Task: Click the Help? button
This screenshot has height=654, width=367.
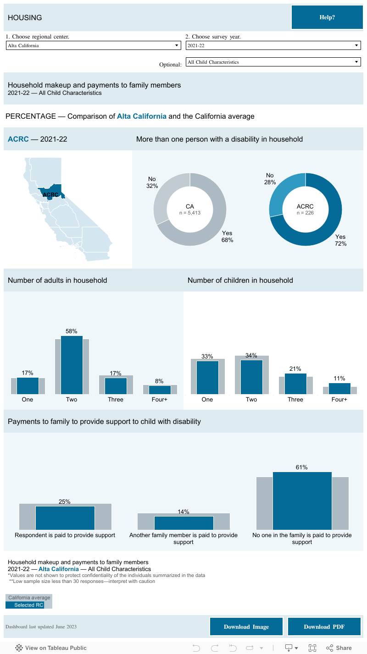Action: click(x=327, y=17)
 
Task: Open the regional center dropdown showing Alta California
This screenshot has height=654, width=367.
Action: click(x=93, y=45)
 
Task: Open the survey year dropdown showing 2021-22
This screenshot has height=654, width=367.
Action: click(x=273, y=45)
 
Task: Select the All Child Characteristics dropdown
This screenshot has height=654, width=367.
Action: click(x=273, y=62)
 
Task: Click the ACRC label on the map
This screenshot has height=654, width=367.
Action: click(x=50, y=194)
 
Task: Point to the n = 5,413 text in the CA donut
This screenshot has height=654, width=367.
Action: click(x=189, y=213)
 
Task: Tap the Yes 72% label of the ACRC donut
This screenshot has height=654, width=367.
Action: click(x=340, y=240)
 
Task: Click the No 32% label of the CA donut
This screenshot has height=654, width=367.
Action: click(x=152, y=182)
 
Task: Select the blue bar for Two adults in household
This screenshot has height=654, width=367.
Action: click(x=72, y=365)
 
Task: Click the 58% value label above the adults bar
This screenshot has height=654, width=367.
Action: click(x=72, y=331)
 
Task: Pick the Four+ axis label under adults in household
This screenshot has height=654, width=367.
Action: click(x=160, y=400)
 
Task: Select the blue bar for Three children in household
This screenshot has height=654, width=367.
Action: click(x=295, y=384)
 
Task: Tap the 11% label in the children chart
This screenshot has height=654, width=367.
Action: click(x=339, y=379)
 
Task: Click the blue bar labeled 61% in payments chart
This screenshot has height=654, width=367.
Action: click(x=302, y=500)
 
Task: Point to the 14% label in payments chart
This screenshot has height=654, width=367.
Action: click(x=183, y=512)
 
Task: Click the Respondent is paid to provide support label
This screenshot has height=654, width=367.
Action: click(x=65, y=535)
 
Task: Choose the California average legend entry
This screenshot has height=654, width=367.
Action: click(x=29, y=598)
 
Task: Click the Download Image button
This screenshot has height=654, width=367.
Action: click(x=246, y=627)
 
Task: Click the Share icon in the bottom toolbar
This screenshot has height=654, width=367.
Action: click(x=339, y=648)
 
